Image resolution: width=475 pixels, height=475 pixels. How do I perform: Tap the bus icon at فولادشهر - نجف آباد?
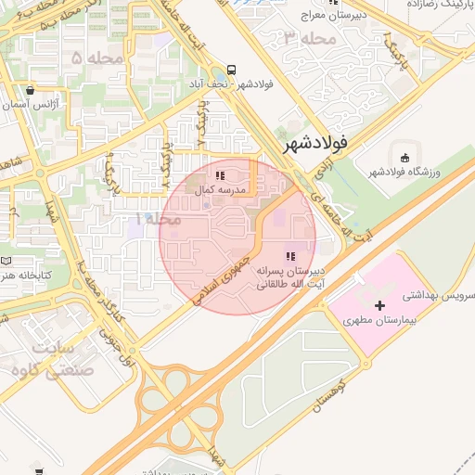pos(229,70)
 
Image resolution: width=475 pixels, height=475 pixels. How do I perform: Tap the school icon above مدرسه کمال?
pos(220,174)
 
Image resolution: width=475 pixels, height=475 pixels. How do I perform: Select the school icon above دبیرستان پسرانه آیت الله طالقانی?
pos(290,256)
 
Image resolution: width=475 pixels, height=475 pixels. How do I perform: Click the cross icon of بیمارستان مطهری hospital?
pos(379,304)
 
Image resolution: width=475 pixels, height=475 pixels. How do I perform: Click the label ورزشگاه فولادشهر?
pos(407,172)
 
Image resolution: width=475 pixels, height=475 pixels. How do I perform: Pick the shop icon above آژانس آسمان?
pos(32,91)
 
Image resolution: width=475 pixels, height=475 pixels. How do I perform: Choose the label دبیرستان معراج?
pos(340,15)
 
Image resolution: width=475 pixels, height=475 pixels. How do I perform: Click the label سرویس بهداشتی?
pos(439,295)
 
